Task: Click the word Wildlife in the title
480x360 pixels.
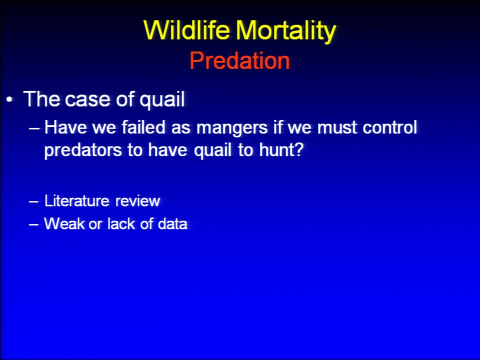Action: click(186, 30)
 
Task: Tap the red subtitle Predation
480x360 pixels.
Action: click(239, 60)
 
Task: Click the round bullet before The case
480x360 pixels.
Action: click(10, 100)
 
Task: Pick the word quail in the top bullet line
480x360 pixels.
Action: click(162, 100)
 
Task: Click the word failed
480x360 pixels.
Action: click(143, 127)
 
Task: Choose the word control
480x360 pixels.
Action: click(389, 127)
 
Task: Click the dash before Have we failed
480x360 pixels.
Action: click(34, 128)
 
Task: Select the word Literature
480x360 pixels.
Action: click(77, 201)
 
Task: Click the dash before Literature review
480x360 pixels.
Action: click(33, 201)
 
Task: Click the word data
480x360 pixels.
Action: click(172, 223)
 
